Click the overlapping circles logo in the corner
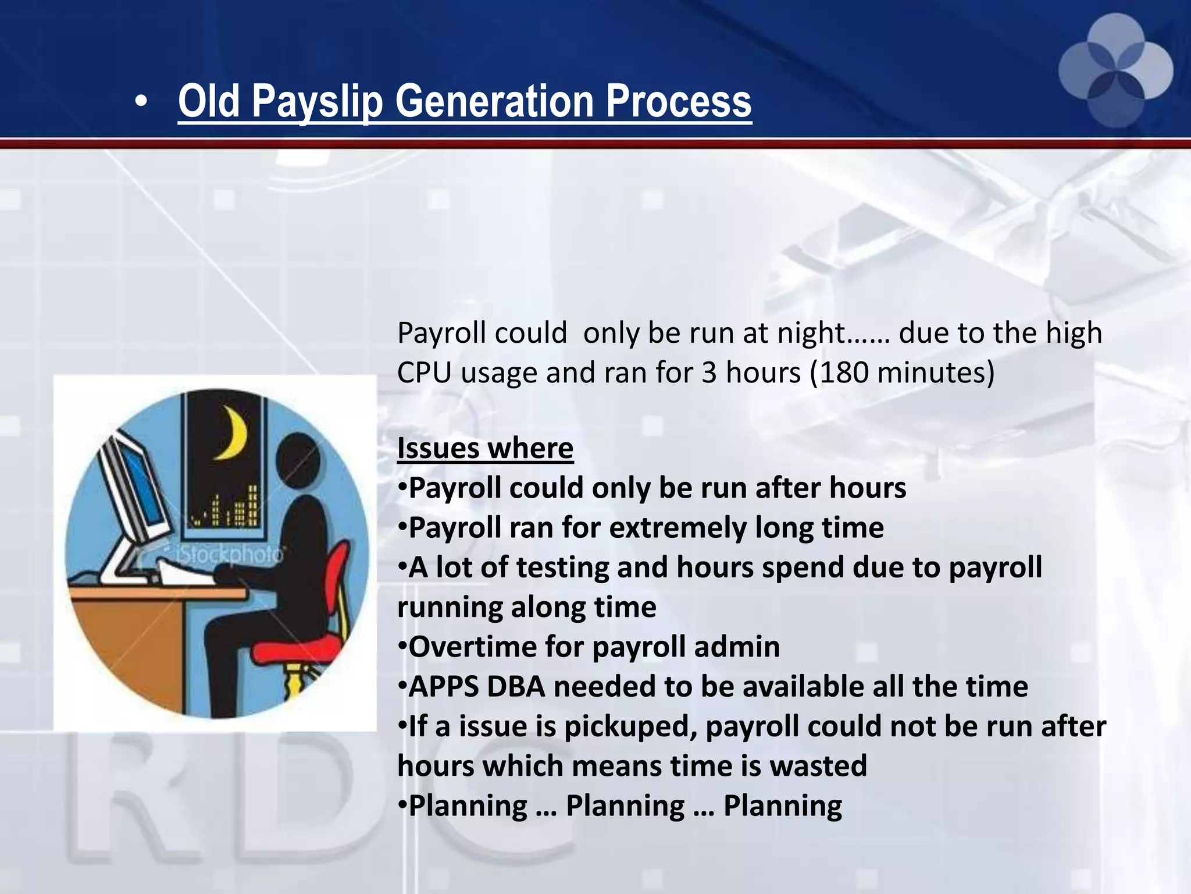pyautogui.click(x=1115, y=70)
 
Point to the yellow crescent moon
pyautogui.click(x=233, y=433)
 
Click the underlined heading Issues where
pyautogui.click(x=485, y=448)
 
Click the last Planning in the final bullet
pyautogui.click(x=782, y=806)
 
